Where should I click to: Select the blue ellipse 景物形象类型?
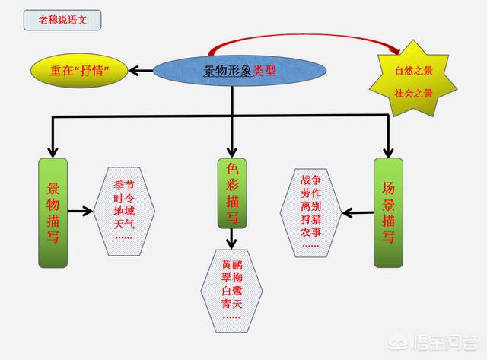pos(240,72)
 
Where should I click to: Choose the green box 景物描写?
pos(53,213)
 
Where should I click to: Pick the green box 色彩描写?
pos(233,193)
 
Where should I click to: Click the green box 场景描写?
pos(388,212)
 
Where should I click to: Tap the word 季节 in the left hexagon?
pos(123,185)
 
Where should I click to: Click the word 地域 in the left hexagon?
pos(123,211)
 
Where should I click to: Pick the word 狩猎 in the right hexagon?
pos(310,219)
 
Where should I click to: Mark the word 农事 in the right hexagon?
pos(310,232)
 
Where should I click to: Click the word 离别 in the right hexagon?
pos(310,206)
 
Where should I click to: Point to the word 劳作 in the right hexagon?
pos(310,193)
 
